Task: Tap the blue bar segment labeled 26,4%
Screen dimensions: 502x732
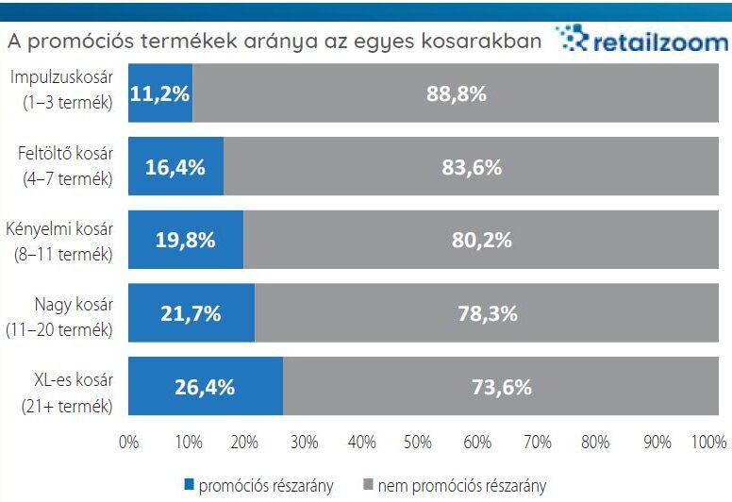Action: (x=206, y=387)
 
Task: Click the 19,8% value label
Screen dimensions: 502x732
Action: (x=186, y=241)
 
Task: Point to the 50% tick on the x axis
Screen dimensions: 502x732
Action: (x=419, y=442)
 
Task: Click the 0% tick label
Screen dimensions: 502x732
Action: (x=128, y=442)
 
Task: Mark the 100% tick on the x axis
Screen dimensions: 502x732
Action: (x=709, y=442)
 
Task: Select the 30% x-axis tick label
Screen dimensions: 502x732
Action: (x=303, y=442)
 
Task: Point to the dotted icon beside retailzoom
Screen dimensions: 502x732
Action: (x=571, y=40)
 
